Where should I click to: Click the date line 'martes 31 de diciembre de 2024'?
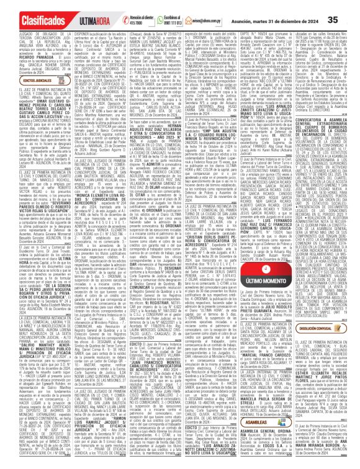point(292,10)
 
